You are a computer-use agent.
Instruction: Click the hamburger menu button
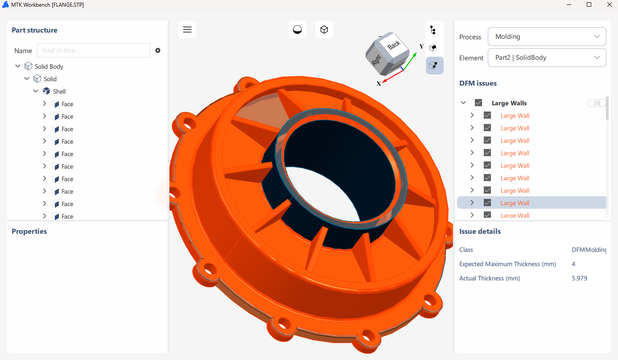point(187,29)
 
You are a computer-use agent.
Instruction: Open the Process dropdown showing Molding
point(547,37)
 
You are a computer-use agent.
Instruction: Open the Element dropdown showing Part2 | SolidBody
point(547,58)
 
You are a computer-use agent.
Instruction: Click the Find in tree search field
point(94,50)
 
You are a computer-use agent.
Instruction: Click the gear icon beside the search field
point(158,50)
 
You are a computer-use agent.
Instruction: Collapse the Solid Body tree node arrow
point(18,66)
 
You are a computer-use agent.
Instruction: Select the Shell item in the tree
point(59,91)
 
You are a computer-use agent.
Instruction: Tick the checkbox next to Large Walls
point(478,103)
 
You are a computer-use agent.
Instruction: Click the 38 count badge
point(597,103)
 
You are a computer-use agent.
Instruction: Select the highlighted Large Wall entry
point(515,203)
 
